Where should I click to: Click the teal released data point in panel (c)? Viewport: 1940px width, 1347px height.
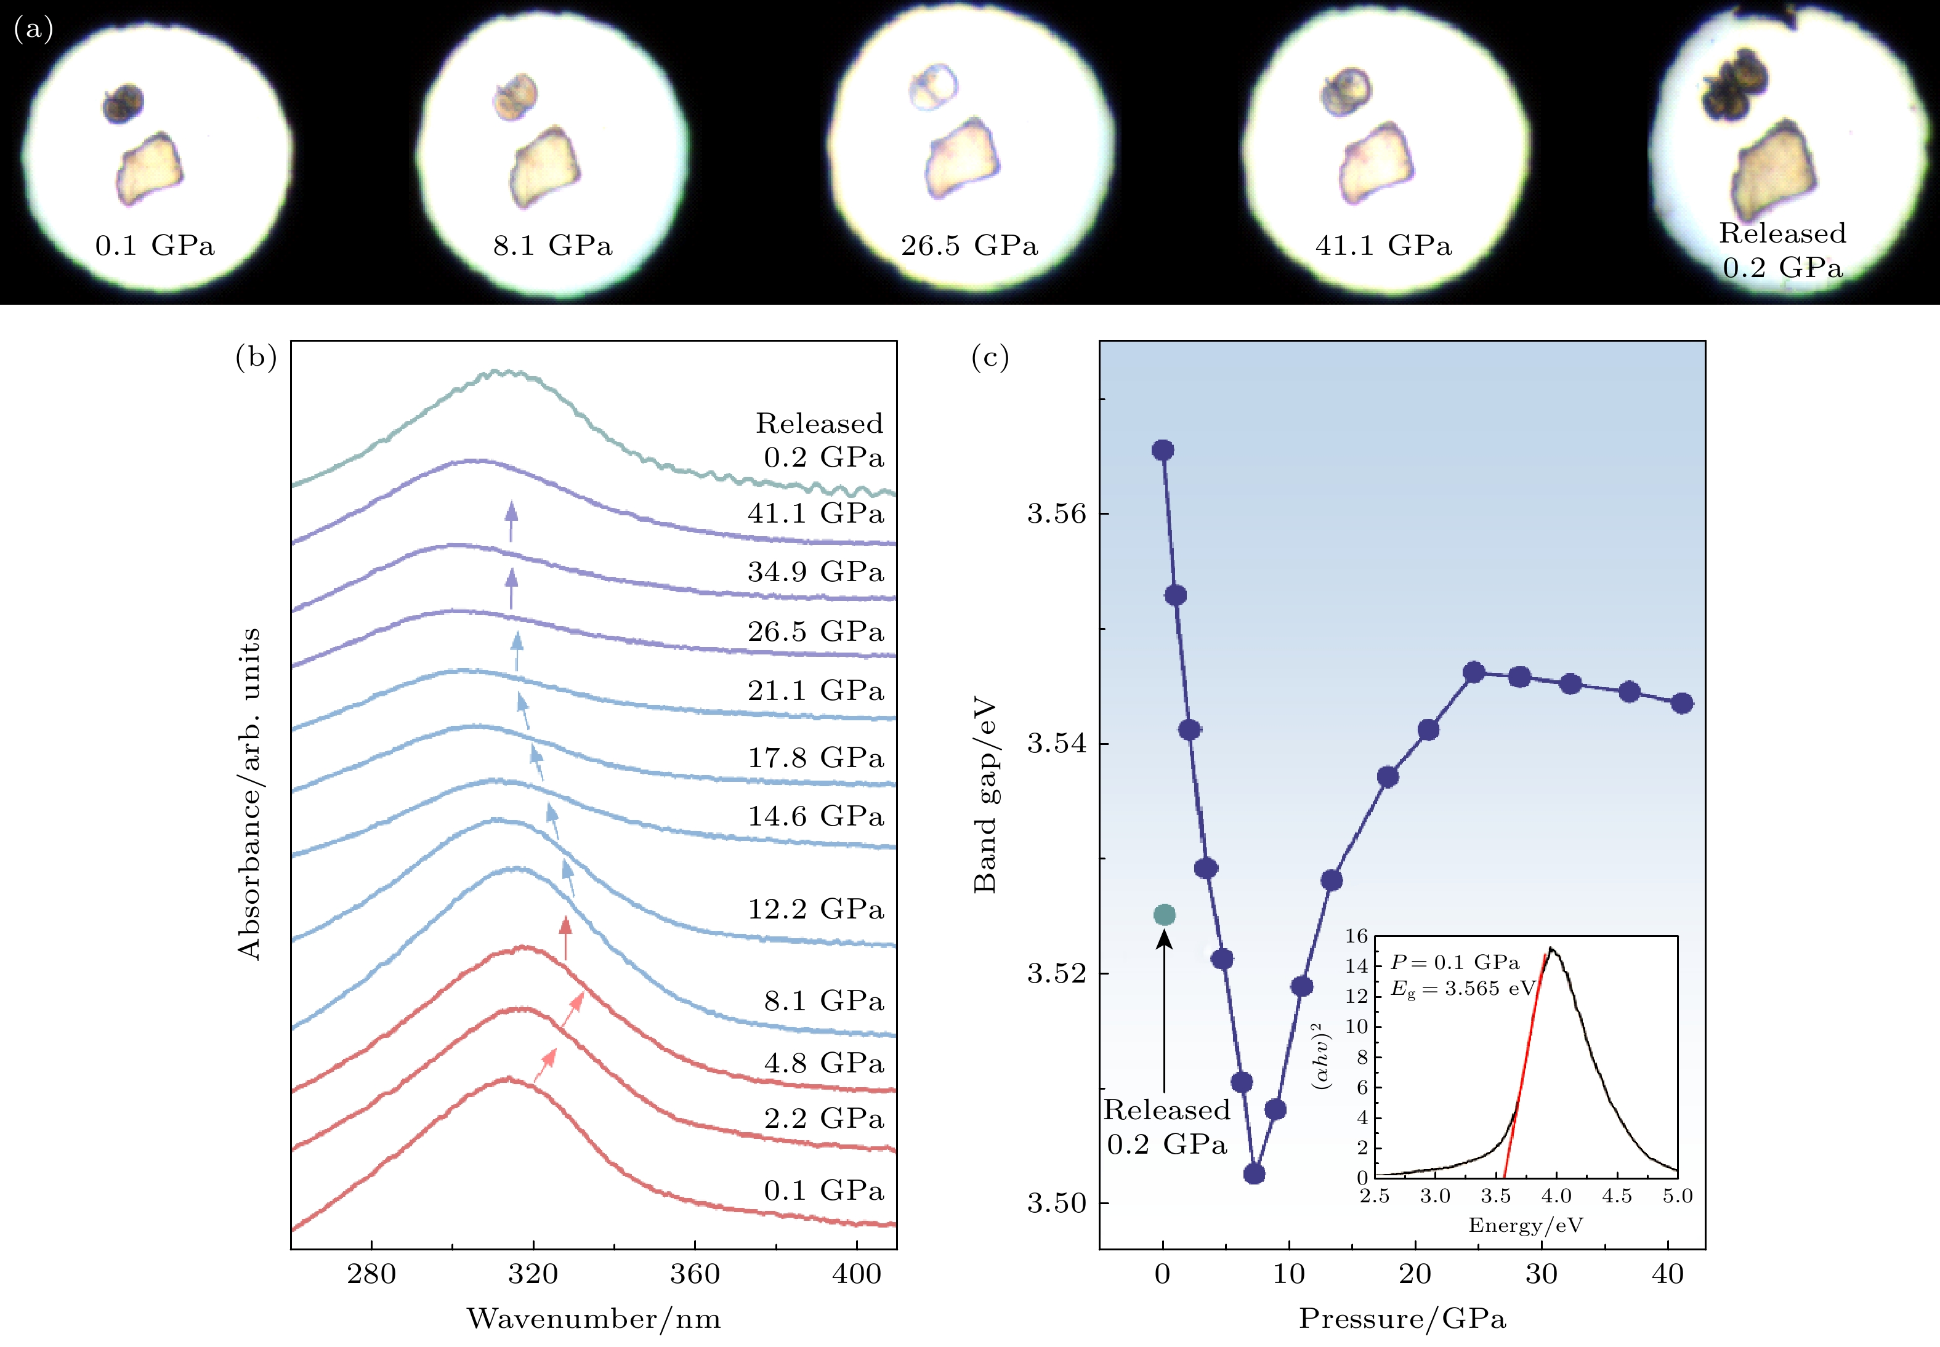(x=1164, y=914)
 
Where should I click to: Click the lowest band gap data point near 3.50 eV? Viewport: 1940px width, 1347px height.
(x=1254, y=1173)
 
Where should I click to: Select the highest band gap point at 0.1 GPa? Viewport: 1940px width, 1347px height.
(x=1163, y=450)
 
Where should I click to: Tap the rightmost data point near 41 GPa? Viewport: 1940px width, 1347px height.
(x=1682, y=703)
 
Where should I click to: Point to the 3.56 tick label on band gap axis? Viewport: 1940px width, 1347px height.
(x=1056, y=513)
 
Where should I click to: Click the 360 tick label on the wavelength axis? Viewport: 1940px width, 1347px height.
(x=694, y=1274)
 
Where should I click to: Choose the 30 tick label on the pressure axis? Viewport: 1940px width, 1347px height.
(x=1541, y=1274)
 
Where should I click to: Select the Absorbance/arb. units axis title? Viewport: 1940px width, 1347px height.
(x=249, y=794)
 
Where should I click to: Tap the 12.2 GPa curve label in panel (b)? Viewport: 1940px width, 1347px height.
(x=815, y=909)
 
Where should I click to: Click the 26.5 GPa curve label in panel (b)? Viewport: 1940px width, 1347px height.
(x=815, y=631)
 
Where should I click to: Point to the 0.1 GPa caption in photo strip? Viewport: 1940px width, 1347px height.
(x=155, y=246)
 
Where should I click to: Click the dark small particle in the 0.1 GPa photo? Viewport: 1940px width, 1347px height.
(x=123, y=103)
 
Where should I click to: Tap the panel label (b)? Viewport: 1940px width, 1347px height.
(x=256, y=358)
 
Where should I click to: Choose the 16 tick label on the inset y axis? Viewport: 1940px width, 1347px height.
(x=1356, y=936)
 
